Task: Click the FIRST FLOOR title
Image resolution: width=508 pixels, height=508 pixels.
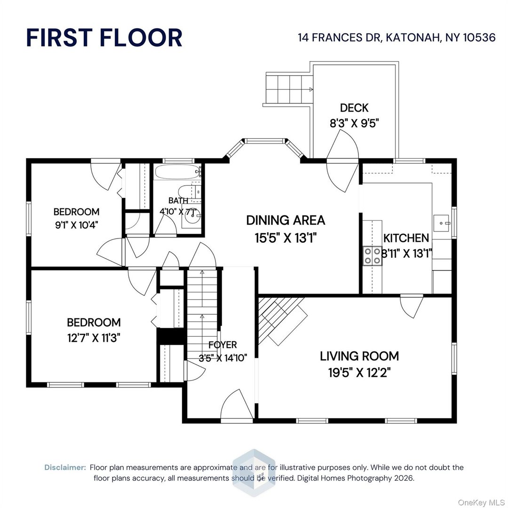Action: pos(104,38)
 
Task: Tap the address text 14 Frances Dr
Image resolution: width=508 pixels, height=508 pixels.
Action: pos(397,38)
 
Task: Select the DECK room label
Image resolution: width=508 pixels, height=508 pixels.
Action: pos(354,108)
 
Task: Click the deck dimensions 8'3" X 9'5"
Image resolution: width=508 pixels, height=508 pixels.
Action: pos(354,123)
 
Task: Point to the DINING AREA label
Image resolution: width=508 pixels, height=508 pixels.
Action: pos(286,220)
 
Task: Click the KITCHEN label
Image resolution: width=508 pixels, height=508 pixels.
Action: pos(405,238)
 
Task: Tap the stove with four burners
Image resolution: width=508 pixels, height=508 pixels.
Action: pos(372,256)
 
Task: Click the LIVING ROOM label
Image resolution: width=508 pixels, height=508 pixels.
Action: pos(359,356)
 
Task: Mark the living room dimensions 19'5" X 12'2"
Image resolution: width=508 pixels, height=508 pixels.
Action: pos(359,373)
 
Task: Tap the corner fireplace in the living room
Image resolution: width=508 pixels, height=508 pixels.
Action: pos(281,320)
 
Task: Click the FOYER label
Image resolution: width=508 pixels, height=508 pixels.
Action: pos(223,345)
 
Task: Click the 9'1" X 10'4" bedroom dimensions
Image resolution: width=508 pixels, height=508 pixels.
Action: pos(76,224)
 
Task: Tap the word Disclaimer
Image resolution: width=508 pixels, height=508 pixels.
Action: pos(65,468)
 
